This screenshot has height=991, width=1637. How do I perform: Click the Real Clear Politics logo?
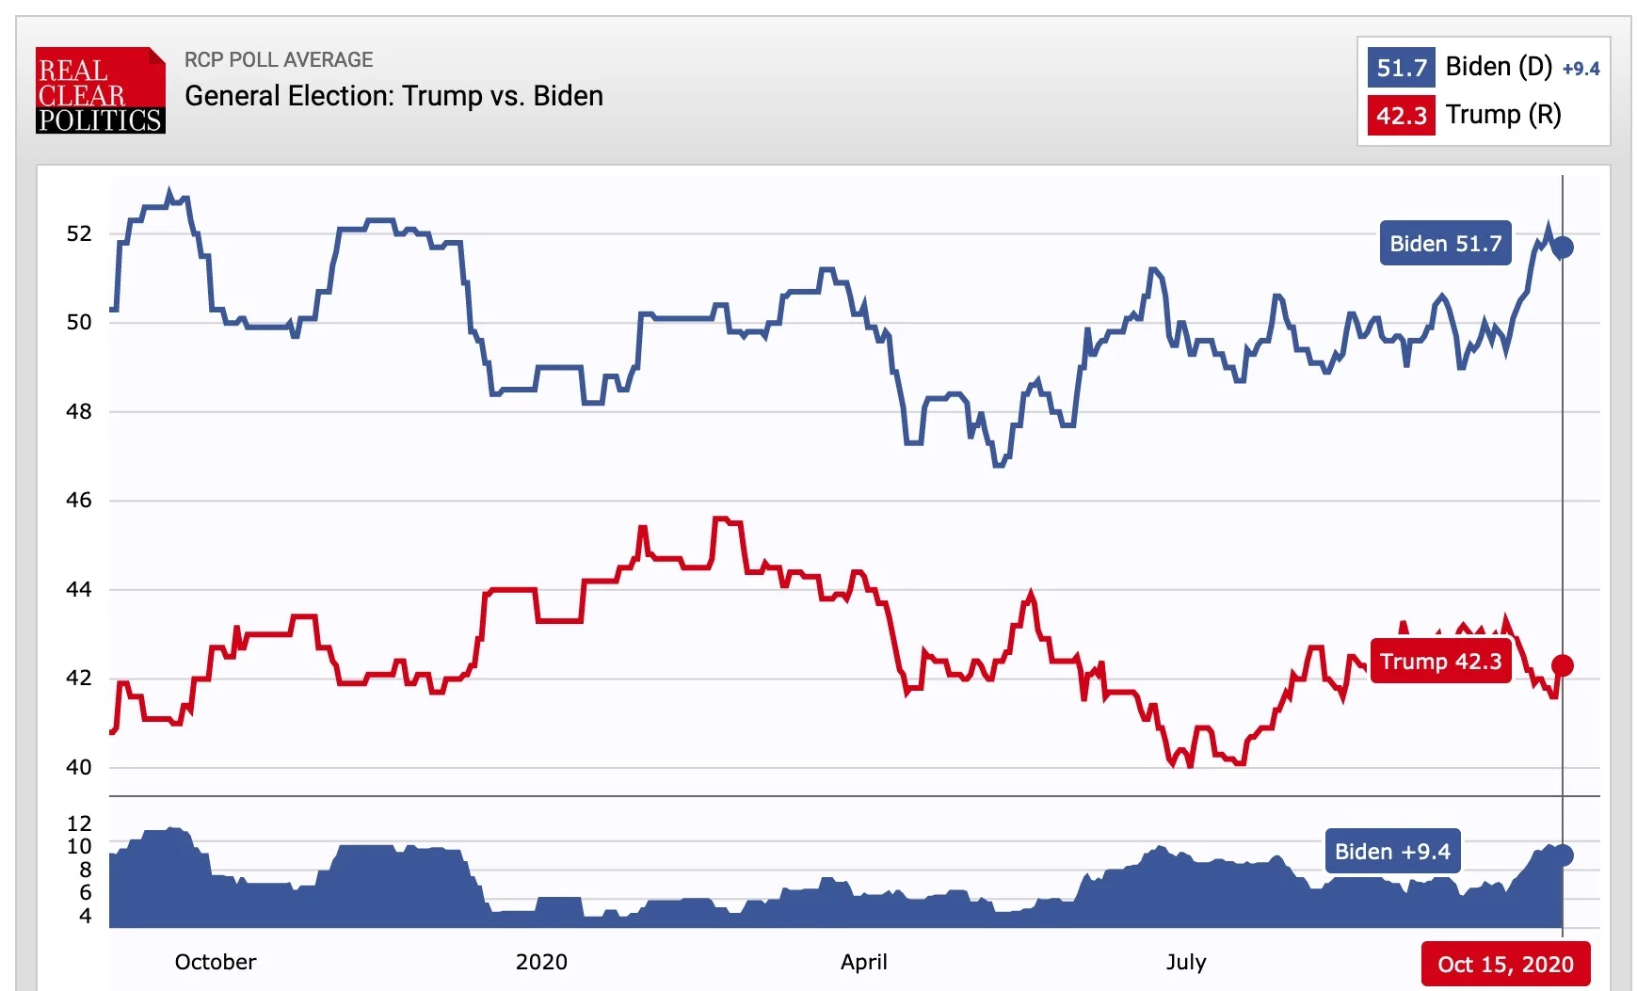[x=101, y=90]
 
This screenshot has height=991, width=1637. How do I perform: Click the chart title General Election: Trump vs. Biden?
[x=393, y=96]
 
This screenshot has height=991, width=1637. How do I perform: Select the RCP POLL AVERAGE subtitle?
[x=279, y=60]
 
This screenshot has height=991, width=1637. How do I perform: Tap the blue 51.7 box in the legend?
[x=1401, y=68]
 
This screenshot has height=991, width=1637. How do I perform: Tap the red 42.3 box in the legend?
[x=1401, y=116]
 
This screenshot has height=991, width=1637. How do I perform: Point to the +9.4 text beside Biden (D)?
[x=1581, y=69]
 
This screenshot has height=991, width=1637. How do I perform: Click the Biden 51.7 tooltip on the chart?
[x=1445, y=244]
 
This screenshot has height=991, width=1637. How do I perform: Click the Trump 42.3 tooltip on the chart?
[x=1440, y=662]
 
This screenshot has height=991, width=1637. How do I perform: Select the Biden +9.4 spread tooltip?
[x=1392, y=852]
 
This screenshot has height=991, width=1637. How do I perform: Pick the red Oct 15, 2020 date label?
[x=1505, y=965]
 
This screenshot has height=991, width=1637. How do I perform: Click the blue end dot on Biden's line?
[x=1563, y=248]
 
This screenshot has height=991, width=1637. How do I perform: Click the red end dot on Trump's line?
[x=1563, y=666]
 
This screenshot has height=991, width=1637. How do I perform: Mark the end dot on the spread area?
[x=1563, y=855]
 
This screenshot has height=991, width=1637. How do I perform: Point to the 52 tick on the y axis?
[x=79, y=233]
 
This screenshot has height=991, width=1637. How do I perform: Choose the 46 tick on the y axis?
[x=79, y=501]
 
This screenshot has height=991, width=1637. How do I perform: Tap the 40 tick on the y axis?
[x=79, y=767]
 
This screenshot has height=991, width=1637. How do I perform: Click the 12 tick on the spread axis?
[x=79, y=823]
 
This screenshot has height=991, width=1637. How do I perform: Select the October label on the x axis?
[x=216, y=962]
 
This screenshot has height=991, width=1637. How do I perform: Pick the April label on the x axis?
[x=863, y=962]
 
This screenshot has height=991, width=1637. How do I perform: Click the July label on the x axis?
[x=1185, y=962]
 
